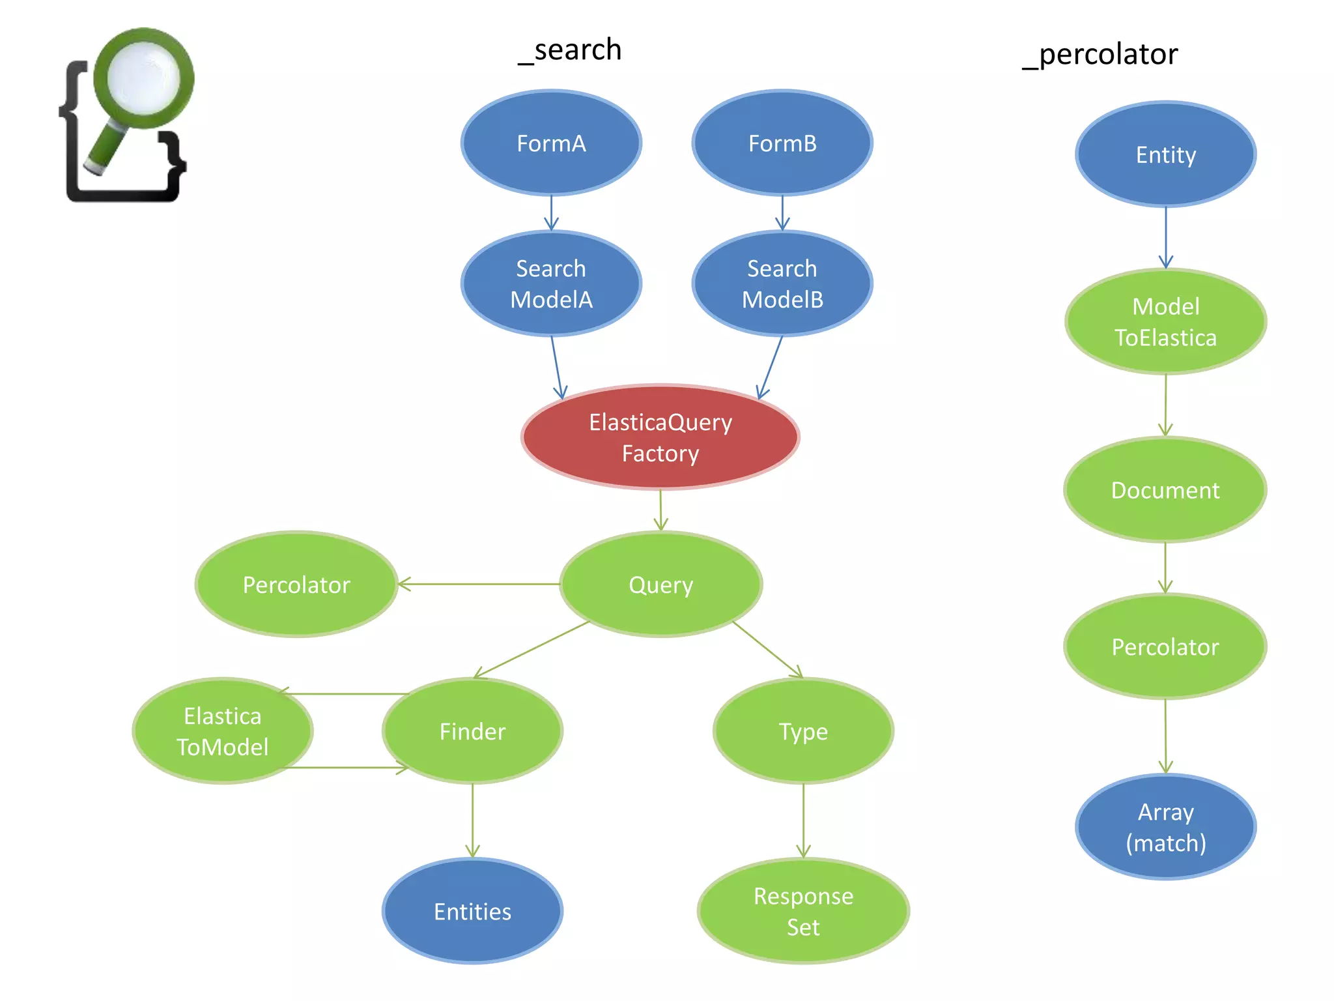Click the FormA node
pos(551,143)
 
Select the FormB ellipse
pos(782,143)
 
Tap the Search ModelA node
pos(551,283)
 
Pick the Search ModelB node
pos(782,283)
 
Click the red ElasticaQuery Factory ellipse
pos(660,437)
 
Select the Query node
pos(660,585)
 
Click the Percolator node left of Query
pos(296,585)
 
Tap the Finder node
pos(472,731)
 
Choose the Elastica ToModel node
pos(223,731)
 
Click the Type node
pos(803,731)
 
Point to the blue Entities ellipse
pos(472,911)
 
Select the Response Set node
pos(803,911)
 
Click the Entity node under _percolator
pos(1165,154)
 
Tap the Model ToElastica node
pos(1165,322)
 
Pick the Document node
pos(1165,490)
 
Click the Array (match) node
pos(1165,827)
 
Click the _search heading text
pos(570,50)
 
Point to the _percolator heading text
pos(1100,53)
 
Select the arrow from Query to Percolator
pos(479,584)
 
